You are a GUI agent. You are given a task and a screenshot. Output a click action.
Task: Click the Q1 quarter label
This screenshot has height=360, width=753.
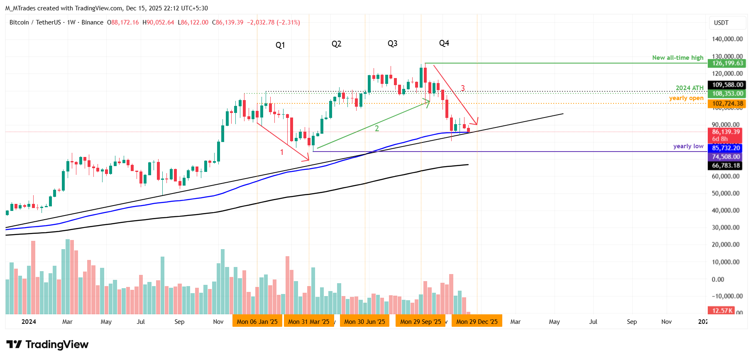[280, 45]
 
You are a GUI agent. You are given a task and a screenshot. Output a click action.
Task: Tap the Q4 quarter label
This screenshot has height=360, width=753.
[444, 43]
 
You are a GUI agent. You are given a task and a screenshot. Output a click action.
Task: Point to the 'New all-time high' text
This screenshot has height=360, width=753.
[677, 58]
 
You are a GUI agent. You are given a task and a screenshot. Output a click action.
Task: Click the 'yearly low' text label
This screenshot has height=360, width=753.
[688, 146]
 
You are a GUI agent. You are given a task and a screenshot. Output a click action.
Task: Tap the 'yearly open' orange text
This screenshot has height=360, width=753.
[686, 98]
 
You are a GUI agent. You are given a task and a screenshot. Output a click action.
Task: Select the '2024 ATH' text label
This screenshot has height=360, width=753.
[689, 88]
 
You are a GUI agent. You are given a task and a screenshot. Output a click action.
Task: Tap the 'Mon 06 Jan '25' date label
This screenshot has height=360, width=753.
[257, 321]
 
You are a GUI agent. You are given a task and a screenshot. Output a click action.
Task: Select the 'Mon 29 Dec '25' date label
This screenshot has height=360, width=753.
[477, 321]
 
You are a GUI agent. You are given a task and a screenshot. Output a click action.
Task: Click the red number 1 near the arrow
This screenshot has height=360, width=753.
[282, 152]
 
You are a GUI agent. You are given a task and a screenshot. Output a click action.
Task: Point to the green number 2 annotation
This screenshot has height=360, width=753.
[377, 128]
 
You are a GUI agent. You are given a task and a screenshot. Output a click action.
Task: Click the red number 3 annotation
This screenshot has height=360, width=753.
[463, 88]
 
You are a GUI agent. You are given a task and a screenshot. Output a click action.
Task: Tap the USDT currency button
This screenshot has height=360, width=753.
[721, 23]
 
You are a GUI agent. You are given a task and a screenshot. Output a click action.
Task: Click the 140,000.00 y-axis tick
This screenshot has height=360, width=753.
[727, 39]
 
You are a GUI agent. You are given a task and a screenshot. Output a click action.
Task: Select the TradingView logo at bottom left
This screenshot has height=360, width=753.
[47, 345]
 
